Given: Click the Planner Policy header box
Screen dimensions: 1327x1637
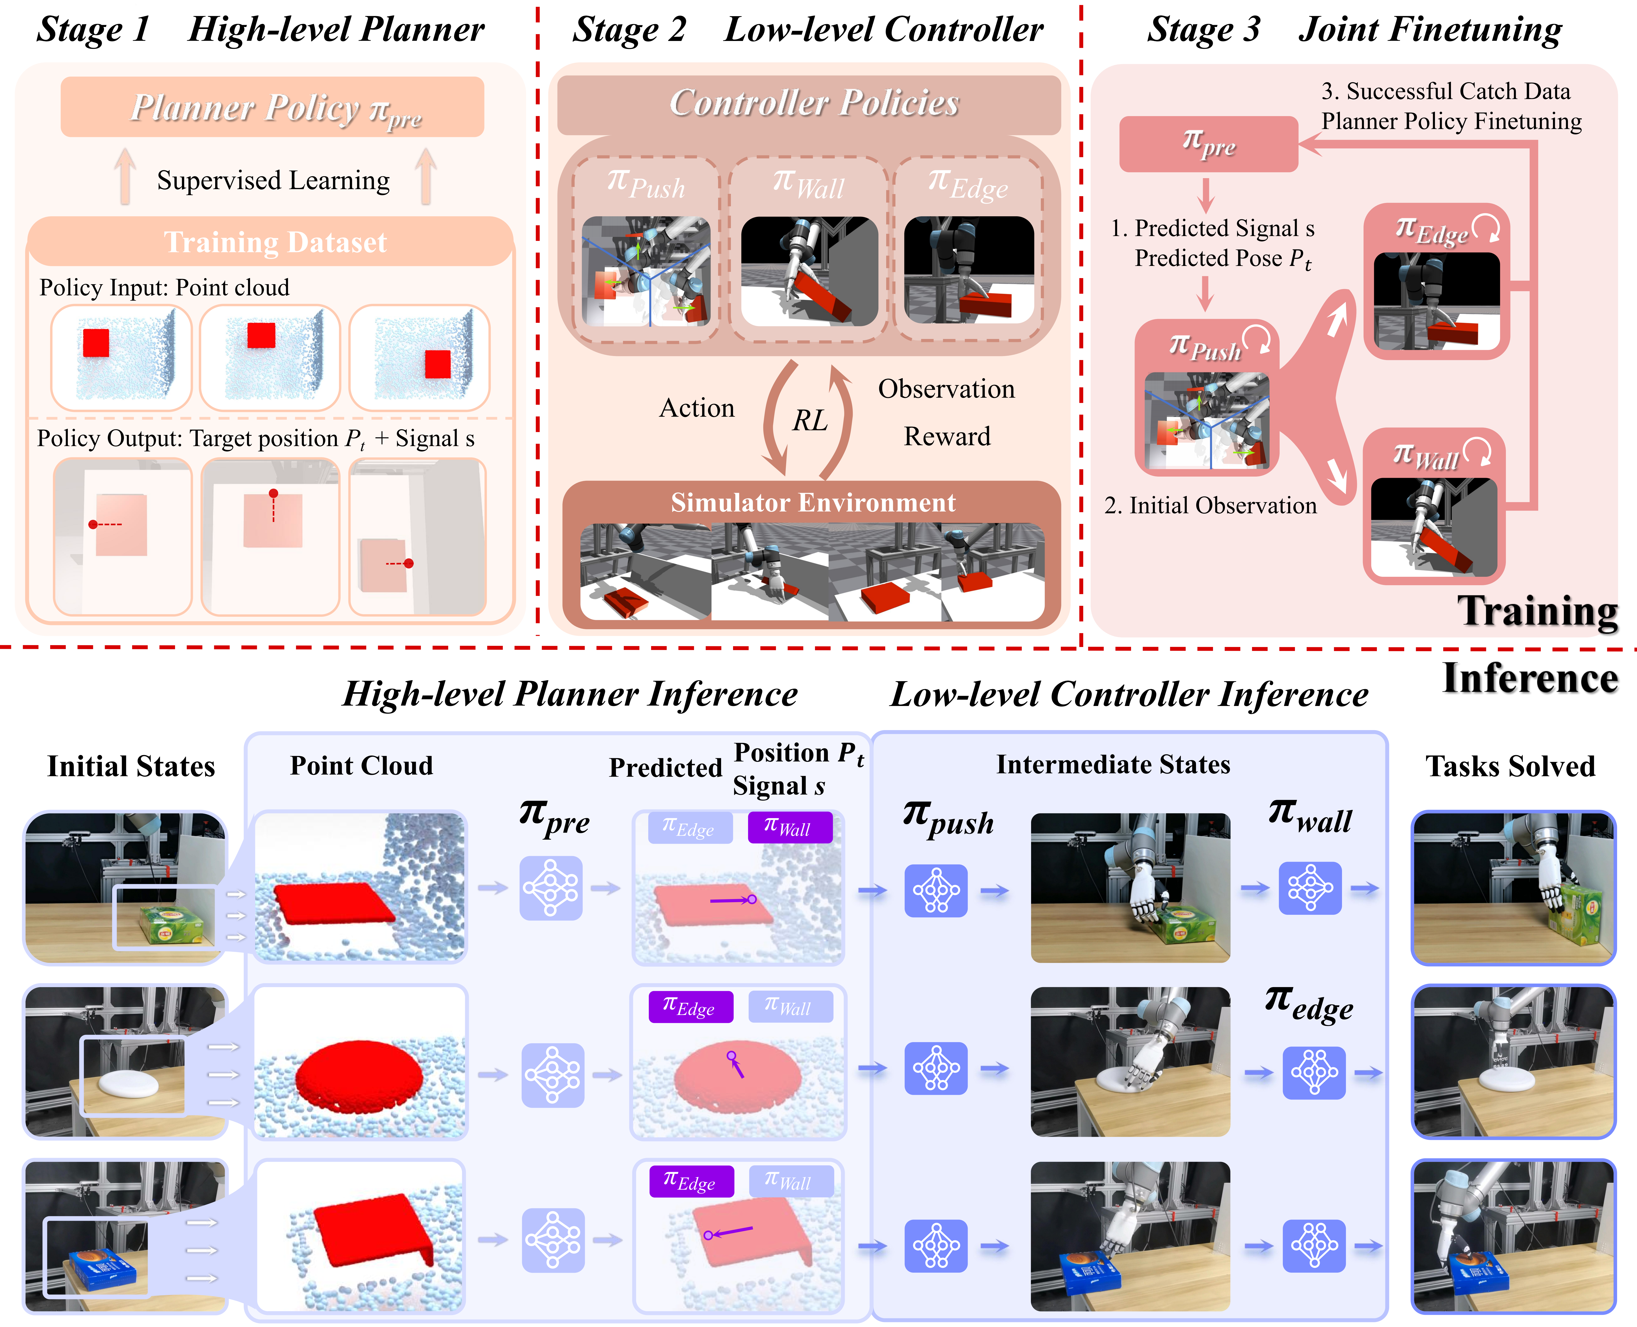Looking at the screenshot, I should pos(272,107).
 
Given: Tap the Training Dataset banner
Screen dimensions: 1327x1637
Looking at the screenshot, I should pos(274,242).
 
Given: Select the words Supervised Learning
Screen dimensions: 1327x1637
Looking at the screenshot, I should pos(273,180).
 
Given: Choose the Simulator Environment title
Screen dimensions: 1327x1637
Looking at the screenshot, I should pos(812,502).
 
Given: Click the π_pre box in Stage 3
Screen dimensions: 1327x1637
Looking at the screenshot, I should pos(1208,144).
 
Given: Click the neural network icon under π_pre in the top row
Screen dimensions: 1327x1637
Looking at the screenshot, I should pos(550,887).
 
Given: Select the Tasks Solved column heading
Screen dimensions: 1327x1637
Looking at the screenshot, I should pos(1510,766).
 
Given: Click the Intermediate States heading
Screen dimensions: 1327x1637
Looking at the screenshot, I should pos(1113,765).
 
